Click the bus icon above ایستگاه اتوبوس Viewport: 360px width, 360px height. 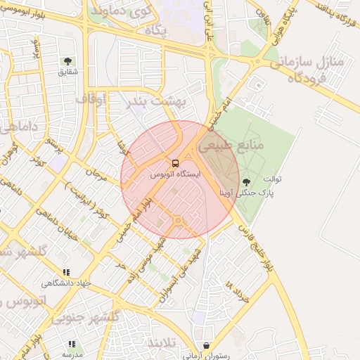[x=175, y=163]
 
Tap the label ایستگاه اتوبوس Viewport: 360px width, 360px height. [x=175, y=174]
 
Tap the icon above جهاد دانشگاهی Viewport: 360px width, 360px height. [x=66, y=272]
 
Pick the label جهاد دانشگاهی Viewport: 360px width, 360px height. [x=66, y=283]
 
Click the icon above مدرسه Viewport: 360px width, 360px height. [x=71, y=344]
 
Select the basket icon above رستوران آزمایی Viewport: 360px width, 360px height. [x=206, y=346]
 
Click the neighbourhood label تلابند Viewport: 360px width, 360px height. [x=163, y=342]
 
